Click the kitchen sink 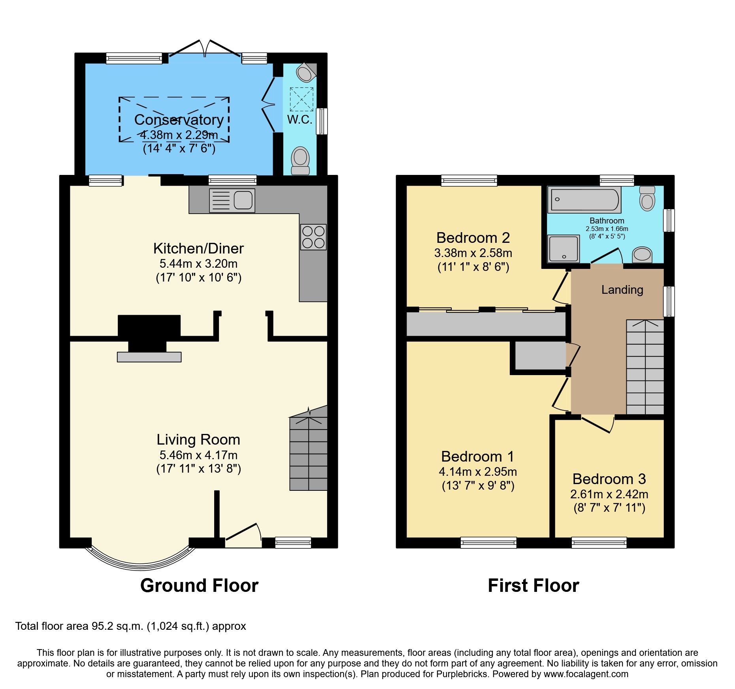coord(232,201)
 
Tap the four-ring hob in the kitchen coord(313,237)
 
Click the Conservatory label coord(179,120)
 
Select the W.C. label coord(300,120)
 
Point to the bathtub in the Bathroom coord(584,199)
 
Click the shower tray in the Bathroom coord(563,249)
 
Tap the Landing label coord(622,290)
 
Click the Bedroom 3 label coord(609,479)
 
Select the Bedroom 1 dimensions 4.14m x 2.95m coord(478,471)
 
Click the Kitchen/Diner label coord(198,248)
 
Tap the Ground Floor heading coord(199,585)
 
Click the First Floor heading coord(533,585)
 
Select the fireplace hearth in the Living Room coord(149,357)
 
